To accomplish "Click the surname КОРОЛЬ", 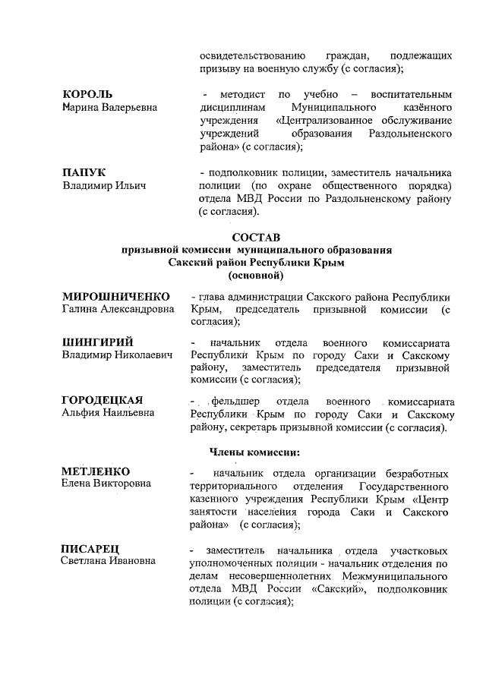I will pyautogui.click(x=87, y=94).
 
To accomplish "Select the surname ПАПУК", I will pyautogui.click(x=84, y=172).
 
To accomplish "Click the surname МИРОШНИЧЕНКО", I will pyautogui.click(x=115, y=296).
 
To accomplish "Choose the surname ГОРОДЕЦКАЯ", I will pyautogui.click(x=103, y=400).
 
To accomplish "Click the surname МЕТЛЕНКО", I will pyautogui.click(x=96, y=471).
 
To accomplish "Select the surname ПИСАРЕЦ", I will pyautogui.click(x=90, y=548).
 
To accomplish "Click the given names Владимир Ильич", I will pyautogui.click(x=103, y=185).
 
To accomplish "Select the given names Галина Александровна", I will pyautogui.click(x=118, y=309).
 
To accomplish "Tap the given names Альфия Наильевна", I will pyautogui.click(x=109, y=413).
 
